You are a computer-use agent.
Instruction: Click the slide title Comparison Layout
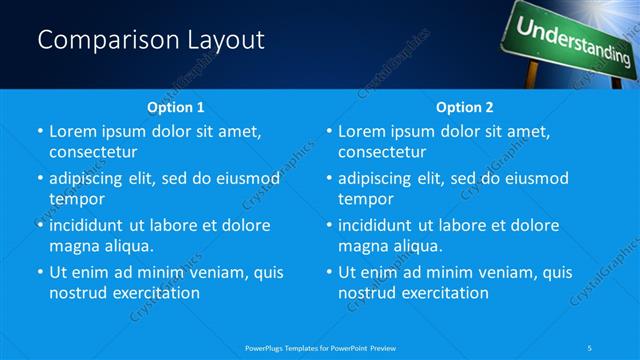click(x=151, y=40)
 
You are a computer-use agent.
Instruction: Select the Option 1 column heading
click(x=175, y=107)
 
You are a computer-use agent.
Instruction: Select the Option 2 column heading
click(x=464, y=107)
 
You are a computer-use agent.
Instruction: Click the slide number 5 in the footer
click(x=590, y=347)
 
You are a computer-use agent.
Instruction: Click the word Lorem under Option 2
click(x=363, y=131)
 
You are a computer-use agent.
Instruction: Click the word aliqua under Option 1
click(x=129, y=246)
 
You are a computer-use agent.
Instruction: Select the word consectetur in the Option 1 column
click(x=93, y=152)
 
